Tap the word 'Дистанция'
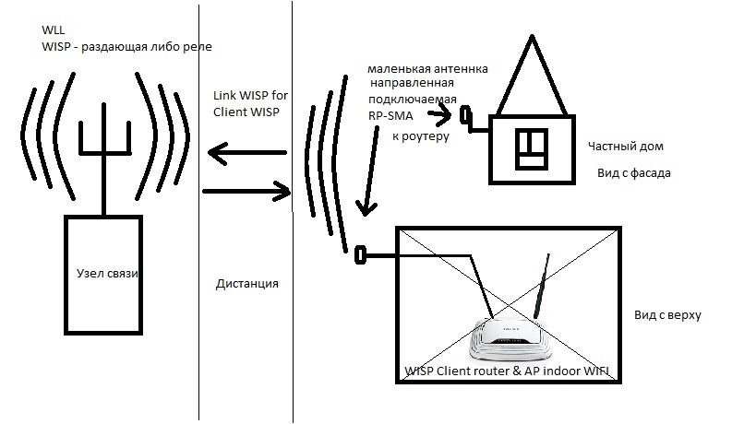pos(246,284)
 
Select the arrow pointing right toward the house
pos(245,192)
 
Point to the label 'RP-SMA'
pos(391,116)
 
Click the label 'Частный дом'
pos(626,147)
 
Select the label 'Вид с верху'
pos(668,315)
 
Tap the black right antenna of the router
pos(538,285)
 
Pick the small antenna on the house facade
pos(466,117)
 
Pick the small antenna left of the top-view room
pos(360,252)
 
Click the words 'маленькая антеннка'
pos(427,69)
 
